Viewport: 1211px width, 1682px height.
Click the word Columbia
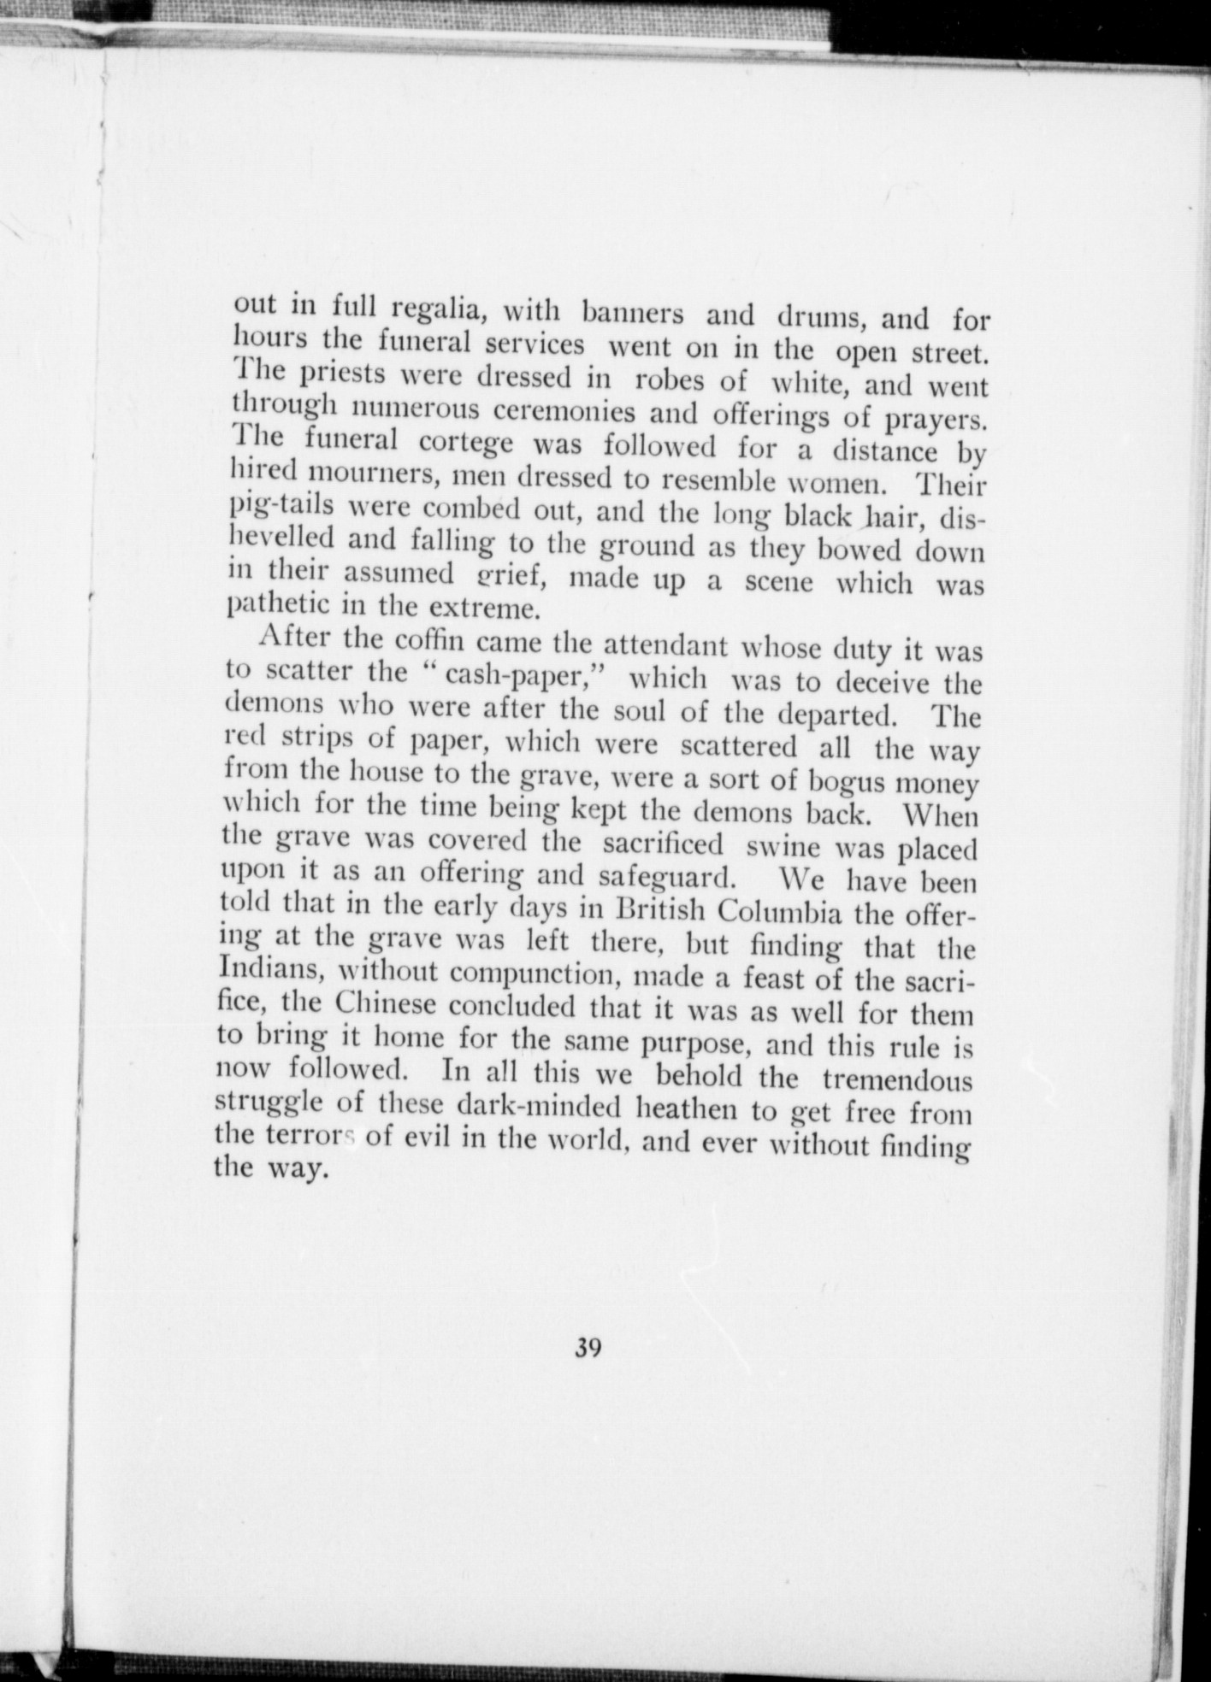[x=780, y=913]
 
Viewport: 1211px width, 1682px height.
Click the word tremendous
[x=897, y=1079]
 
